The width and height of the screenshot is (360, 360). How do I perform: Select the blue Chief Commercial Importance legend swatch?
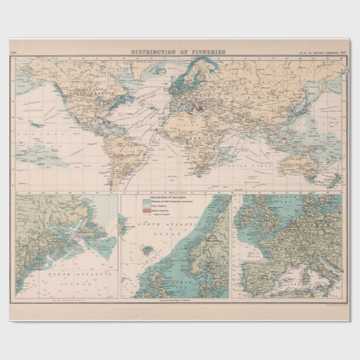145,202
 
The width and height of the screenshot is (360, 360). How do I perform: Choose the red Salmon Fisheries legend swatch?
145,211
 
